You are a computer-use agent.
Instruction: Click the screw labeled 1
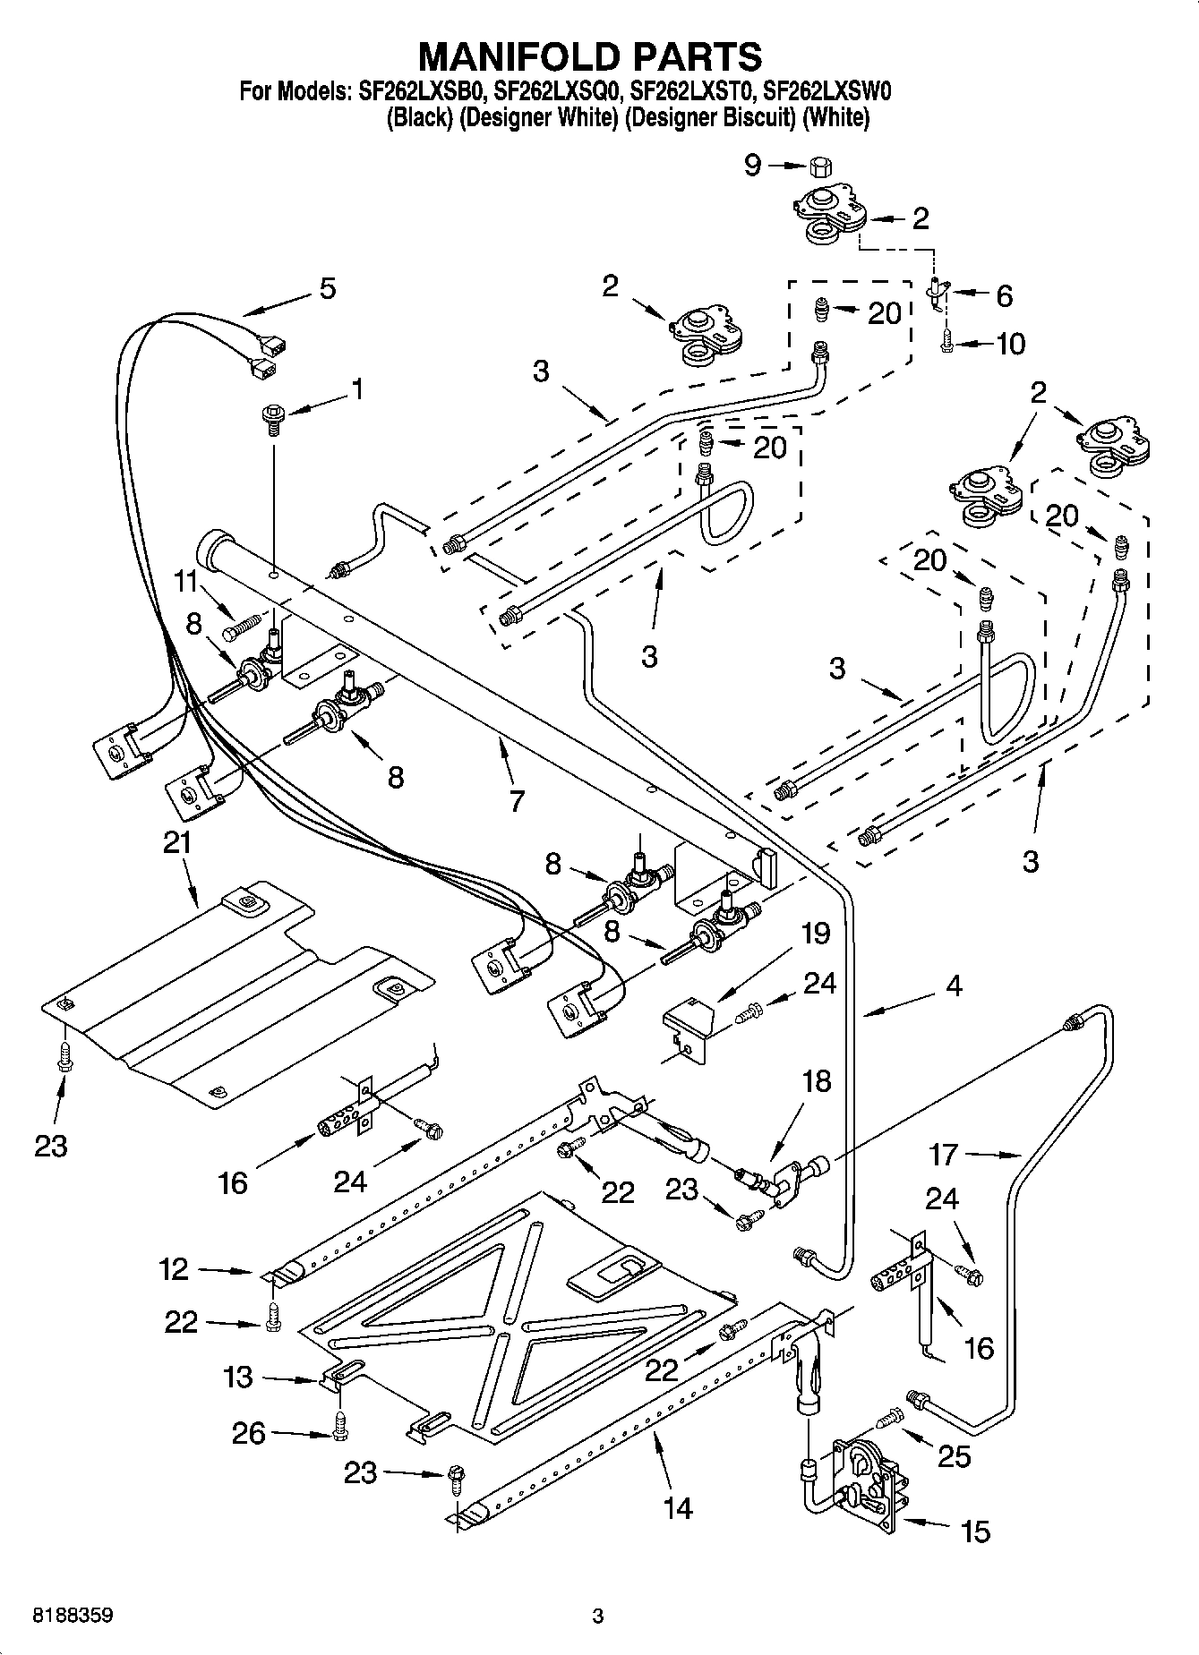272,417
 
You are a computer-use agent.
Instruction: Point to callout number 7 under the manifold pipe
516,800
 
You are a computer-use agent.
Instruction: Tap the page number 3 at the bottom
598,1617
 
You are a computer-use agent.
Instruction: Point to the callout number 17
943,1155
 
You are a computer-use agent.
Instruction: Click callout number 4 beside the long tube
954,986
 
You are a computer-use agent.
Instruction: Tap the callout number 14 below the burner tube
678,1507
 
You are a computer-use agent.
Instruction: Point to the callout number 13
237,1377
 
